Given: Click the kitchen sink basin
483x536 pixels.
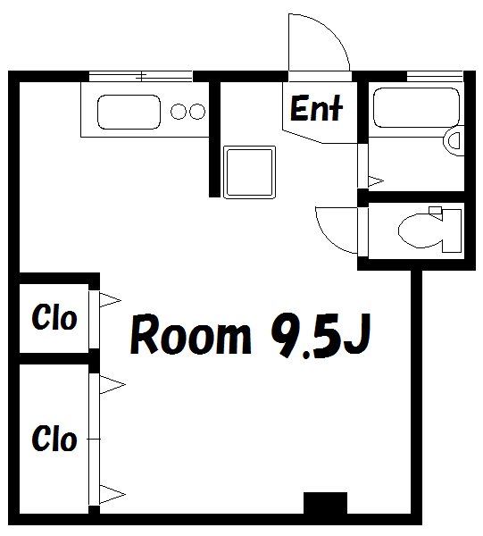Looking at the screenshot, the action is point(129,112).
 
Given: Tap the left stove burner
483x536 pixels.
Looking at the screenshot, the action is point(179,112).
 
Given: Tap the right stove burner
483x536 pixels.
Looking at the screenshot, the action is point(197,112).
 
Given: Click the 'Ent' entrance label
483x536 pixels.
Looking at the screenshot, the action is point(316,108).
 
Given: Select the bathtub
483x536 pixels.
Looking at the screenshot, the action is point(416,108).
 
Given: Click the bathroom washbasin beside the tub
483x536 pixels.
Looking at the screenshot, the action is point(454,141).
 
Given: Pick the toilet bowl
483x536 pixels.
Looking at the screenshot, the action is point(421,230).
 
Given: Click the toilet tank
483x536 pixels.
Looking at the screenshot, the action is point(452,230).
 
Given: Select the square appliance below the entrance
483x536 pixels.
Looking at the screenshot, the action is point(249,172).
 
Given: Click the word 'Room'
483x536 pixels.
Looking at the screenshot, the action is point(190,335).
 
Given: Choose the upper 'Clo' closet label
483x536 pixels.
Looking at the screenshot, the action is point(54,317).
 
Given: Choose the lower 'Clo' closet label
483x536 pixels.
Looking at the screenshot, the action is point(54,438).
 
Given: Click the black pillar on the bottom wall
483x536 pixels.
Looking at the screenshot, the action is point(325,503).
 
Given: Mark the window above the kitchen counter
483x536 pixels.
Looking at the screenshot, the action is point(141,76).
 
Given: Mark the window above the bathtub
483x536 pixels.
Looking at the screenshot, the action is point(435,76).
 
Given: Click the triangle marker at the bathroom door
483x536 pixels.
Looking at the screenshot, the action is point(375,181).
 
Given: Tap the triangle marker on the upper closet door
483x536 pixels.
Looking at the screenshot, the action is point(110,300).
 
